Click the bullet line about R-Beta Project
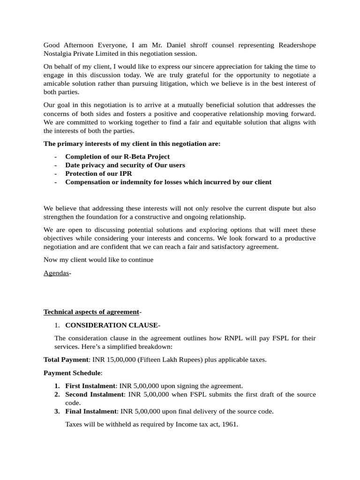pyautogui.click(x=117, y=157)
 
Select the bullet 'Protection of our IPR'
pyautogui.click(x=98, y=173)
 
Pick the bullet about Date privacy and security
pyautogui.click(x=125, y=165)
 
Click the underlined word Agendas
pyautogui.click(x=56, y=273)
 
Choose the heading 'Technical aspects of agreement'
pyautogui.click(x=91, y=312)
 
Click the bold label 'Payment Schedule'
pyautogui.click(x=72, y=373)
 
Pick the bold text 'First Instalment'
pyautogui.click(x=90, y=386)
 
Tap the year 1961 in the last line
pyautogui.click(x=230, y=424)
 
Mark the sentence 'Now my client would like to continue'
pyautogui.click(x=98, y=260)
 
